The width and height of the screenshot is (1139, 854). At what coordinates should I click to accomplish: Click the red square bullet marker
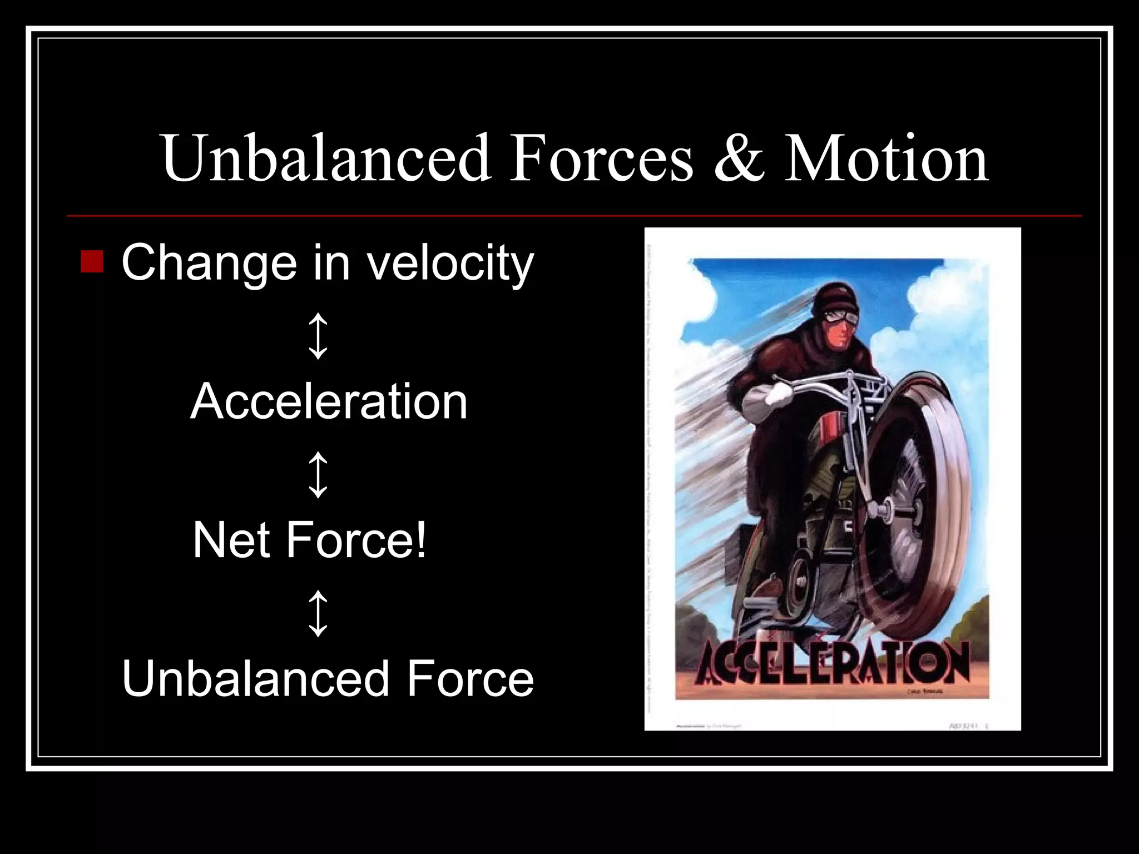coord(92,261)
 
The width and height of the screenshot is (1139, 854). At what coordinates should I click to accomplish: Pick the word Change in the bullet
coord(209,264)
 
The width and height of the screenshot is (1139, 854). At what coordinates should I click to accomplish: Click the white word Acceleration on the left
coord(329,401)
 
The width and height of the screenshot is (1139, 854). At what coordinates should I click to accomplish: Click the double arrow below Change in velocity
coord(318,335)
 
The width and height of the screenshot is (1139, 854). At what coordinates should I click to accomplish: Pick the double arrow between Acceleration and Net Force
coord(318,474)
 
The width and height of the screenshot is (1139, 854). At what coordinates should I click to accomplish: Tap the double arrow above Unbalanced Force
coord(318,613)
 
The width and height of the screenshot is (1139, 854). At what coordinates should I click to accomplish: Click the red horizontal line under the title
coord(573,216)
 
